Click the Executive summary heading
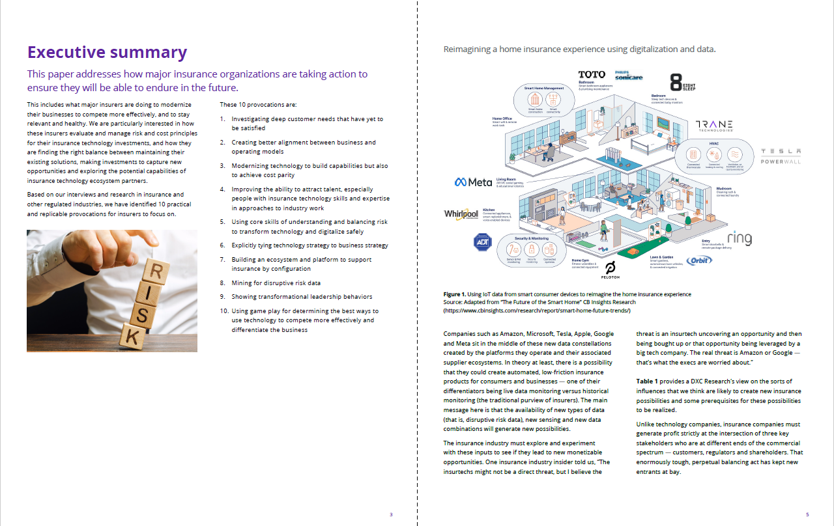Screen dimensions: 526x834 click(107, 53)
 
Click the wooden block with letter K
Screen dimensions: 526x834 click(131, 336)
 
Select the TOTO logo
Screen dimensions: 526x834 click(592, 75)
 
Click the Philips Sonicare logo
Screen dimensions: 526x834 click(629, 76)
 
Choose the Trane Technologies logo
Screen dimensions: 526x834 click(714, 126)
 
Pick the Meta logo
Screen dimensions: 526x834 click(473, 182)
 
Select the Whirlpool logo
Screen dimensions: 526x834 click(461, 214)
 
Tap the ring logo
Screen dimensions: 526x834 click(739, 238)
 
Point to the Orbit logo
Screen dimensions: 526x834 click(698, 260)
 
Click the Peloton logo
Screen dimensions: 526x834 click(611, 270)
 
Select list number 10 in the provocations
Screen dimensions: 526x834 click(223, 311)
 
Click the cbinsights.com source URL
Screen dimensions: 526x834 click(537, 311)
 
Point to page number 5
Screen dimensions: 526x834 click(807, 514)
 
